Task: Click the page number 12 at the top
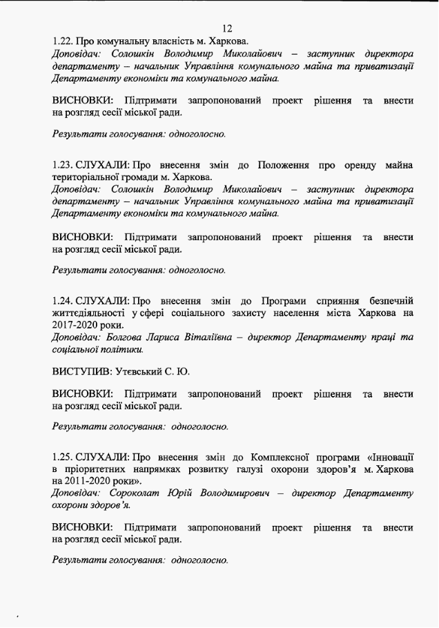click(228, 28)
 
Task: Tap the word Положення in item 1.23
click(284, 166)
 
